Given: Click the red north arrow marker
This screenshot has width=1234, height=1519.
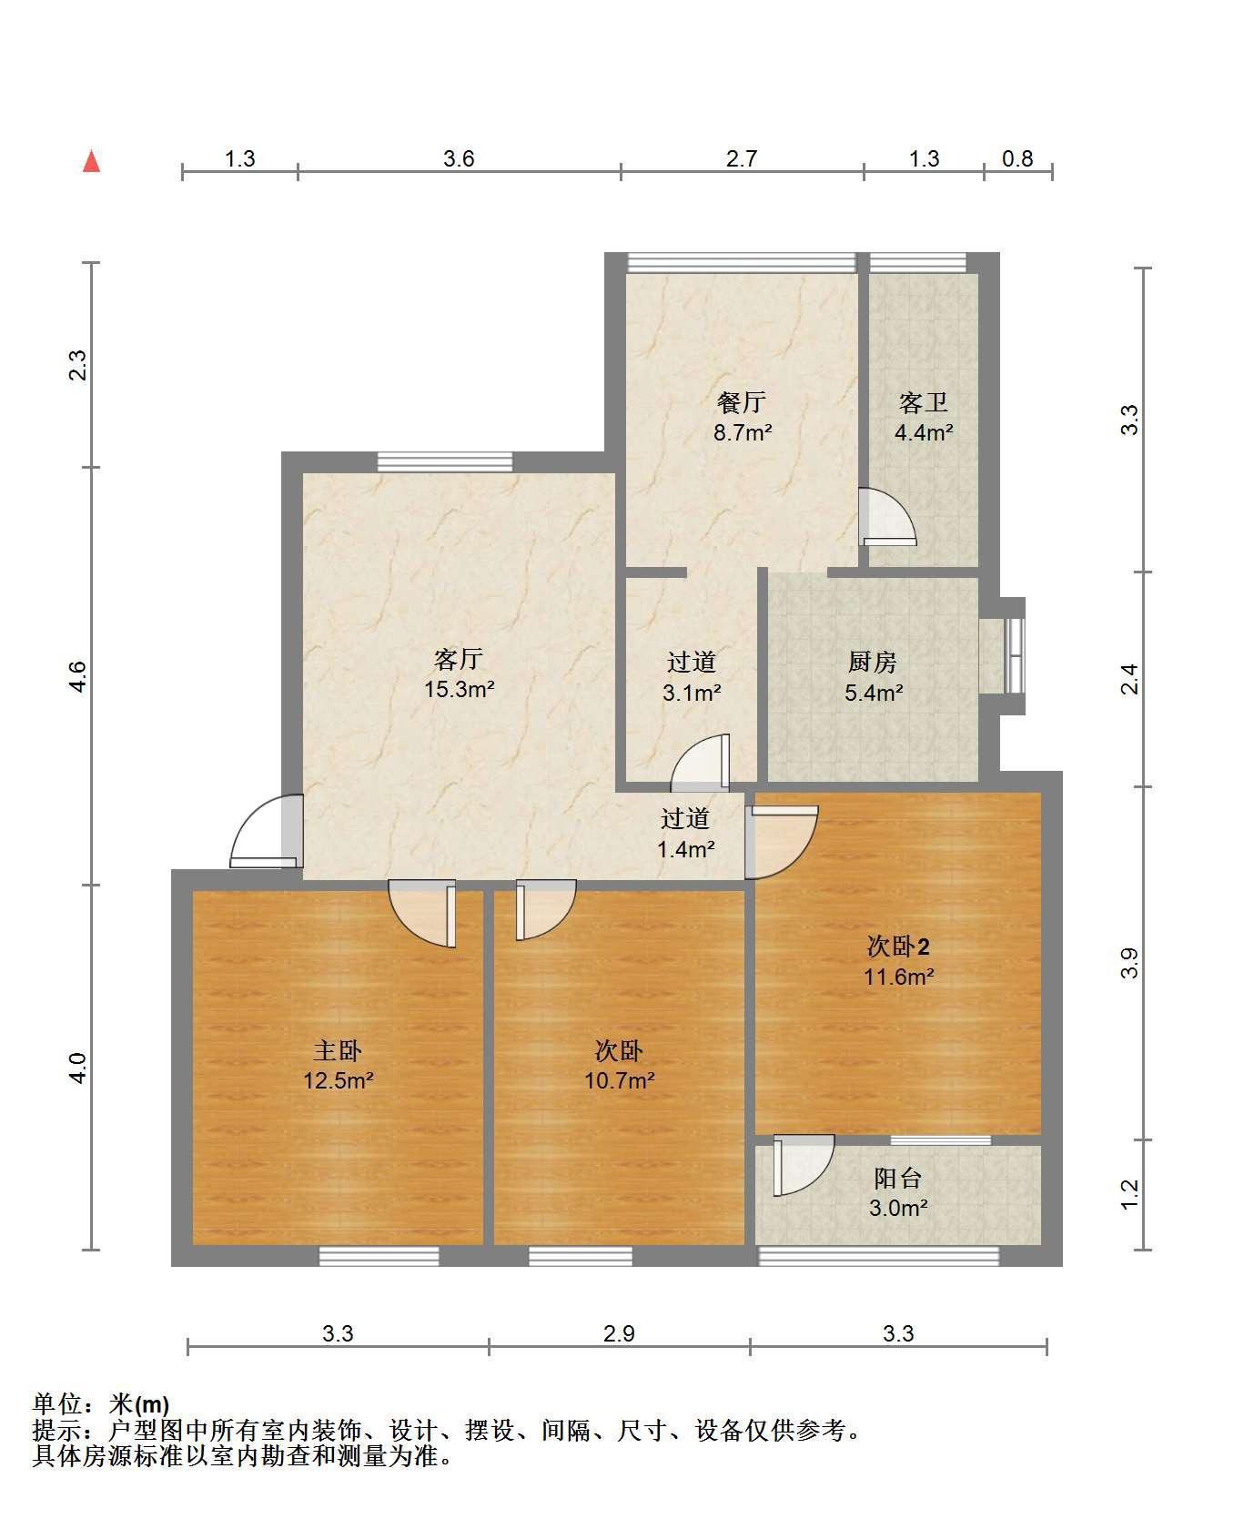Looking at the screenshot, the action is pyautogui.click(x=91, y=161).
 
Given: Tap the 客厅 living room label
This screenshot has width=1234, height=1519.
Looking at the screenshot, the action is pyautogui.click(x=458, y=658).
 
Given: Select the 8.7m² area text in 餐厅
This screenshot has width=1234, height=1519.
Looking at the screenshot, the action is pyautogui.click(x=743, y=432).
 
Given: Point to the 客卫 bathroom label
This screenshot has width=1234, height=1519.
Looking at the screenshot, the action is pyautogui.click(x=924, y=401).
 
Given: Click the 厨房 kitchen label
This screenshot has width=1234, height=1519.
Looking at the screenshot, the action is pyautogui.click(x=873, y=662).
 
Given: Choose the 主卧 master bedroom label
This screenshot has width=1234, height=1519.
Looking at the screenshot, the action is pyautogui.click(x=338, y=1050).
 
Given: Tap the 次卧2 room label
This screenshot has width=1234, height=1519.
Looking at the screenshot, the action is pyautogui.click(x=898, y=947).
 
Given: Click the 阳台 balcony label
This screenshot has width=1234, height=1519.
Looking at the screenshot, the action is pyautogui.click(x=898, y=1178).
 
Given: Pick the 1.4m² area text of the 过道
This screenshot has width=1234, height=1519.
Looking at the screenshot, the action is pyautogui.click(x=685, y=849).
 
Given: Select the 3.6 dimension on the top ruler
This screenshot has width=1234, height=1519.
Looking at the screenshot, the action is pyautogui.click(x=459, y=158).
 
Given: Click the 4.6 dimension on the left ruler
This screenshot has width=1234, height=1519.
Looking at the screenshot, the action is pyautogui.click(x=78, y=675).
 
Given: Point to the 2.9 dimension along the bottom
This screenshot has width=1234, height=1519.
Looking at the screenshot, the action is pyautogui.click(x=619, y=1333).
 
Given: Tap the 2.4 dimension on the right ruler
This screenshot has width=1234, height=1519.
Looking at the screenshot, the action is pyautogui.click(x=1128, y=679).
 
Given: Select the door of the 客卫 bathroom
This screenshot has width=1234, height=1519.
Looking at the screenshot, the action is pyautogui.click(x=887, y=517).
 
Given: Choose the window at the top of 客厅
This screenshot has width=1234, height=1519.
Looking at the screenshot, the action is pyautogui.click(x=445, y=461).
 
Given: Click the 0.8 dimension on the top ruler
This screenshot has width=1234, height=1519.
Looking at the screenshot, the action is pyautogui.click(x=1018, y=158).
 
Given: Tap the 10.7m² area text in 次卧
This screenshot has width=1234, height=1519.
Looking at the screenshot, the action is pyautogui.click(x=620, y=1080).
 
